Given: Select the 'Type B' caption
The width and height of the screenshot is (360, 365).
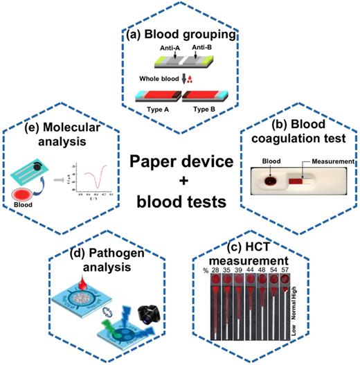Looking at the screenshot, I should point(204,109).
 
